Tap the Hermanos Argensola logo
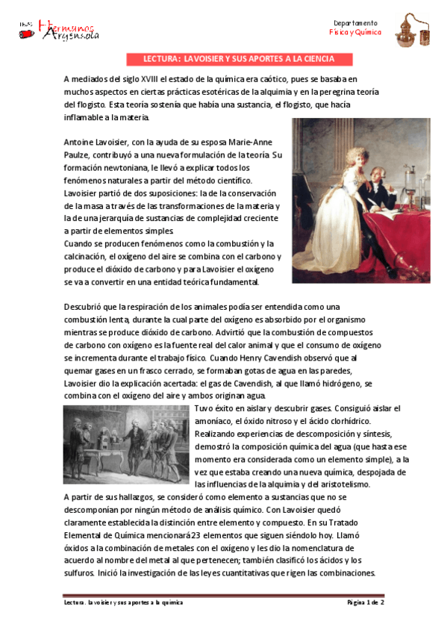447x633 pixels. pos(59,30)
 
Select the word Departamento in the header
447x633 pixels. pos(355,23)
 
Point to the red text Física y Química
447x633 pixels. pos(355,34)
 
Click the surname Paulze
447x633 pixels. pos(80,155)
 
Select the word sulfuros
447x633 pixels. pos(78,573)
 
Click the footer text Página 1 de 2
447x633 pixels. pos(365,602)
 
